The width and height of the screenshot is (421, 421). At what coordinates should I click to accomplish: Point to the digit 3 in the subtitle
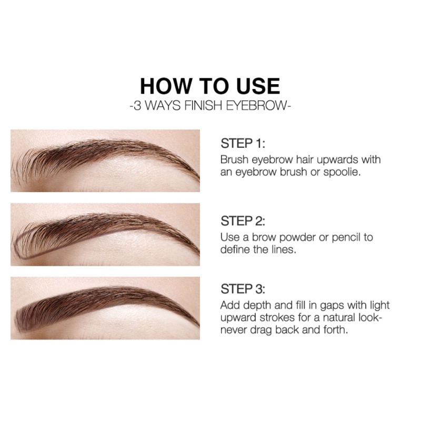point(137,106)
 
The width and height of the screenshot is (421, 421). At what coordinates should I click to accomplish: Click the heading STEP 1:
point(243,143)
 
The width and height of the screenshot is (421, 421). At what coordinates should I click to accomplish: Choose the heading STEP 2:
point(243,221)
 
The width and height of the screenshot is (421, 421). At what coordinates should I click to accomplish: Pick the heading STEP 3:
point(243,289)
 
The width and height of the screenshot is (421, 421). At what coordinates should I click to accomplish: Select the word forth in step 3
point(336,330)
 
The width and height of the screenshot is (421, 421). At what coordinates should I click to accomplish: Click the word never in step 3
point(234,330)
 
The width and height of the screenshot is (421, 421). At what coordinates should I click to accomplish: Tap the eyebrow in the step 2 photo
point(105,232)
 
